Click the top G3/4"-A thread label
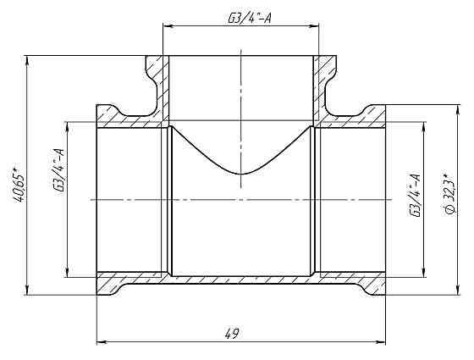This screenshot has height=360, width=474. [x=246, y=18]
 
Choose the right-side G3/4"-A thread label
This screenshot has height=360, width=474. [x=416, y=197]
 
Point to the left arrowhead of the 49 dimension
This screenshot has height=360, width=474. [x=102, y=342]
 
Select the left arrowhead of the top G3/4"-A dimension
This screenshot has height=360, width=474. [x=167, y=25]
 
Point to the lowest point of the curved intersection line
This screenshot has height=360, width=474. [x=243, y=173]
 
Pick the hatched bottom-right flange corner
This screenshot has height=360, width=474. [x=374, y=285]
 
